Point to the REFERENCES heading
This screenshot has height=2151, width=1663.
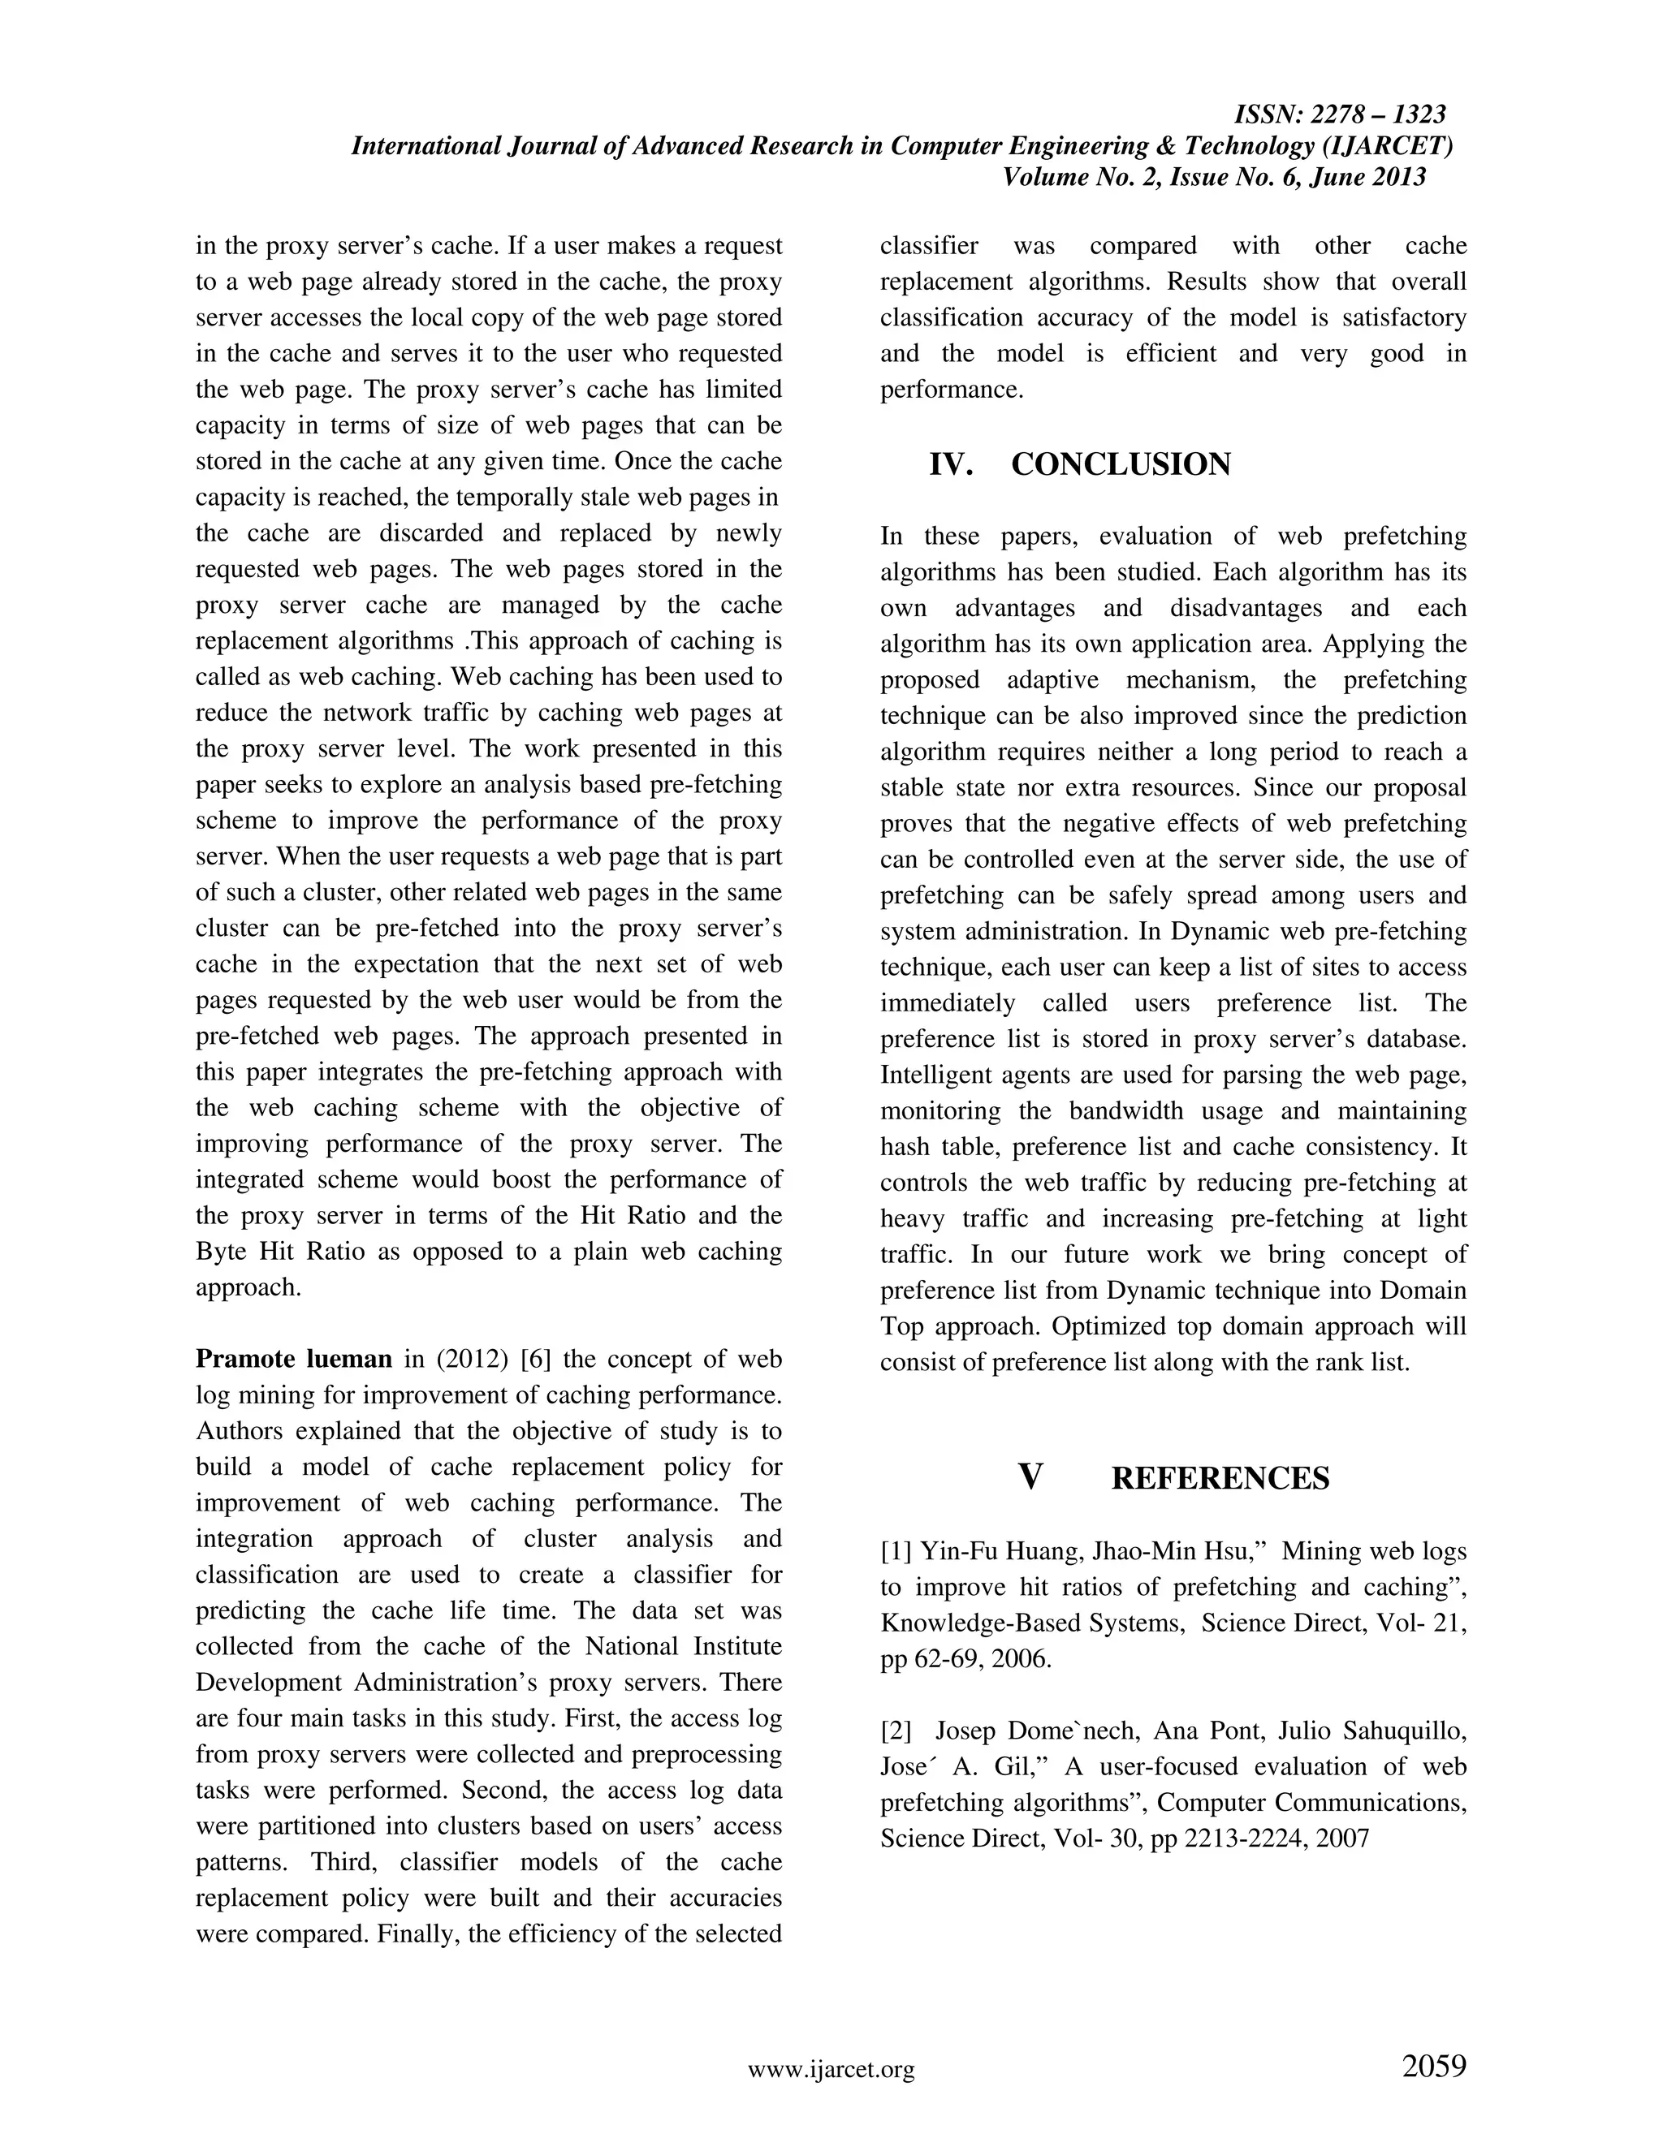click(x=1220, y=1478)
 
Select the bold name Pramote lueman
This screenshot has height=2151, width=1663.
click(x=294, y=1359)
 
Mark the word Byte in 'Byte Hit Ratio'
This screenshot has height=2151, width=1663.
click(x=222, y=1252)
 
